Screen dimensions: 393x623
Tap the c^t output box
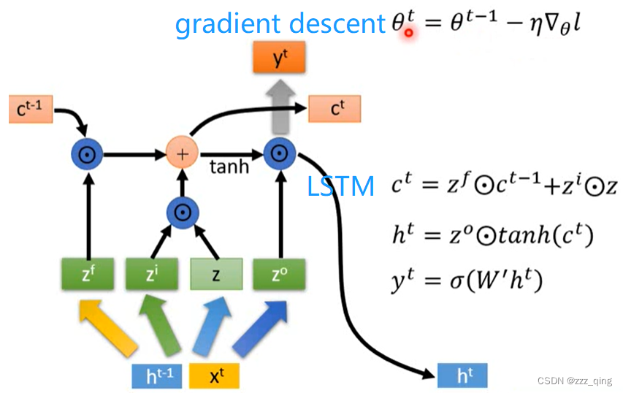click(336, 109)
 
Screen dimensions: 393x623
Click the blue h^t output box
click(462, 375)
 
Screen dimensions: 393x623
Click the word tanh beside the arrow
click(229, 167)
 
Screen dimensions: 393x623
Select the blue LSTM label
click(341, 186)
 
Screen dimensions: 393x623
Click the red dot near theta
click(409, 32)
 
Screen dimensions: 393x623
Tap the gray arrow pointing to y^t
click(278, 102)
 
